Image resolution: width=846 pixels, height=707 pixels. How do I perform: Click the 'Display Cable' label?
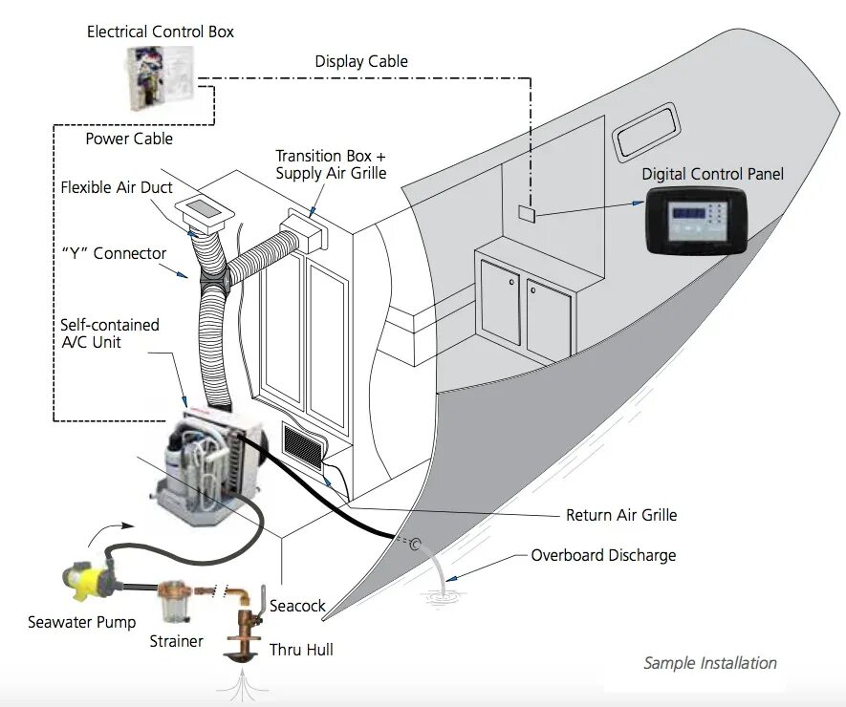pyautogui.click(x=361, y=62)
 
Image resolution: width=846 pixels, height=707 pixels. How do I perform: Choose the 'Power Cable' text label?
pyautogui.click(x=129, y=139)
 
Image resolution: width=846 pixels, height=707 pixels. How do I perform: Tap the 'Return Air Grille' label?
pyautogui.click(x=620, y=516)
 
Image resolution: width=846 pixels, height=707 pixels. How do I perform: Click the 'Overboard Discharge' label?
pyautogui.click(x=603, y=555)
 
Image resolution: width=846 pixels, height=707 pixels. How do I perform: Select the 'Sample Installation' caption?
pyautogui.click(x=709, y=663)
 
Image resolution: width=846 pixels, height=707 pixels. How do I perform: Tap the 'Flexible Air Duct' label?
pyautogui.click(x=117, y=187)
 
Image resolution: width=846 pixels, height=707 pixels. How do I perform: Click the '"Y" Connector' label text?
pyautogui.click(x=114, y=254)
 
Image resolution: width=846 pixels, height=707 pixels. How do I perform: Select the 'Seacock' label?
pyautogui.click(x=297, y=607)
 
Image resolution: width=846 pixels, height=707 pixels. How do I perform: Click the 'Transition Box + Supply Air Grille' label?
pyautogui.click(x=331, y=164)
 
